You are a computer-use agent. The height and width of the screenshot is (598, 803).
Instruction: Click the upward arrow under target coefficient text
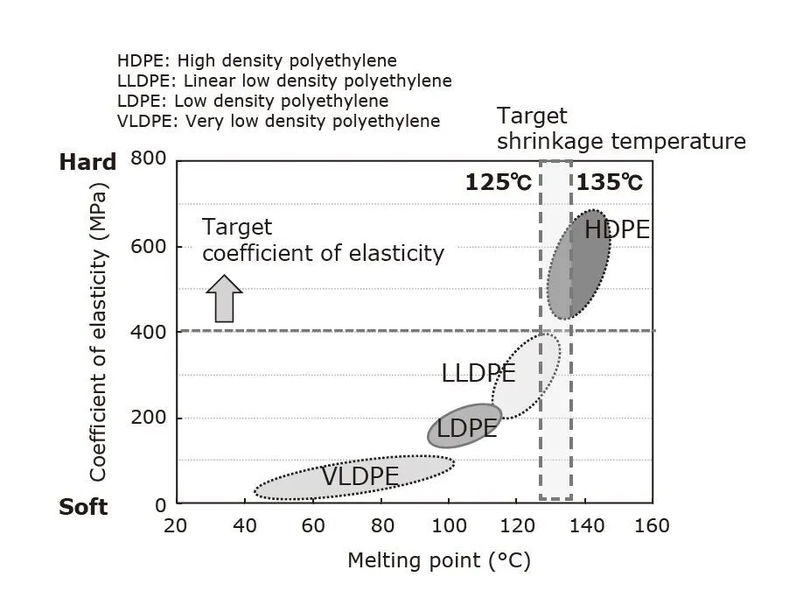pyautogui.click(x=225, y=299)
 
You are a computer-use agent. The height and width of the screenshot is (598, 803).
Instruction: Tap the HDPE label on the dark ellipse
pyautogui.click(x=617, y=230)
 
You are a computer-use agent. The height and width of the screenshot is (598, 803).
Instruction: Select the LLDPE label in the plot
pyautogui.click(x=478, y=373)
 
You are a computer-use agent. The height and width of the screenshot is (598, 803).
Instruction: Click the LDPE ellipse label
pyautogui.click(x=467, y=429)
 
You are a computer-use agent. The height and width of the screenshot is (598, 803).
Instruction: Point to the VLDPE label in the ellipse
pyautogui.click(x=360, y=477)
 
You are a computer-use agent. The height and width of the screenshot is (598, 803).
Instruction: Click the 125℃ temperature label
pyautogui.click(x=498, y=183)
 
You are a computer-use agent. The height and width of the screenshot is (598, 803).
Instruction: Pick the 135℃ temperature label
pyautogui.click(x=609, y=183)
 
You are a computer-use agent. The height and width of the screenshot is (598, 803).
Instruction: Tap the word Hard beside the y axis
pyautogui.click(x=87, y=162)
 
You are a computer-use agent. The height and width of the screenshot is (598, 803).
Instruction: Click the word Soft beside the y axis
pyautogui.click(x=83, y=507)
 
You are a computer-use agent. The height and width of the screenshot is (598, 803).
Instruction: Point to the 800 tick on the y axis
pyautogui.click(x=148, y=159)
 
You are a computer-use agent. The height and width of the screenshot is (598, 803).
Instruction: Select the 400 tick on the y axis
pyautogui.click(x=148, y=332)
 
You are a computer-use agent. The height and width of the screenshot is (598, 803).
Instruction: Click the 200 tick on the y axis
pyautogui.click(x=148, y=418)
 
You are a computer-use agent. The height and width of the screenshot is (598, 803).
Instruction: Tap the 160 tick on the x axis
pyautogui.click(x=652, y=526)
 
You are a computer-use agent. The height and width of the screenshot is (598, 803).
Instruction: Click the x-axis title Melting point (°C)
pyautogui.click(x=439, y=560)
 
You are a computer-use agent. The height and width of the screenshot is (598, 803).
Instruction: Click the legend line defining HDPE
pyautogui.click(x=257, y=61)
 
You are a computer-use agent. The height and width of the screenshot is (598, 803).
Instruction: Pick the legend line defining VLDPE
pyautogui.click(x=278, y=121)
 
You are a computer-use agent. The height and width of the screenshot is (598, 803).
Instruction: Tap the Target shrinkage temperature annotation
pyautogui.click(x=621, y=129)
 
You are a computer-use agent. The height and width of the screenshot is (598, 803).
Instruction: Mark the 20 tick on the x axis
pyautogui.click(x=176, y=526)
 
